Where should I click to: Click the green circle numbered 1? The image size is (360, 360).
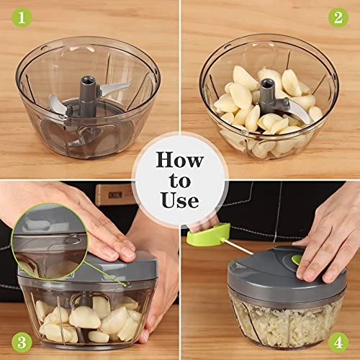click(x=17, y=16)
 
